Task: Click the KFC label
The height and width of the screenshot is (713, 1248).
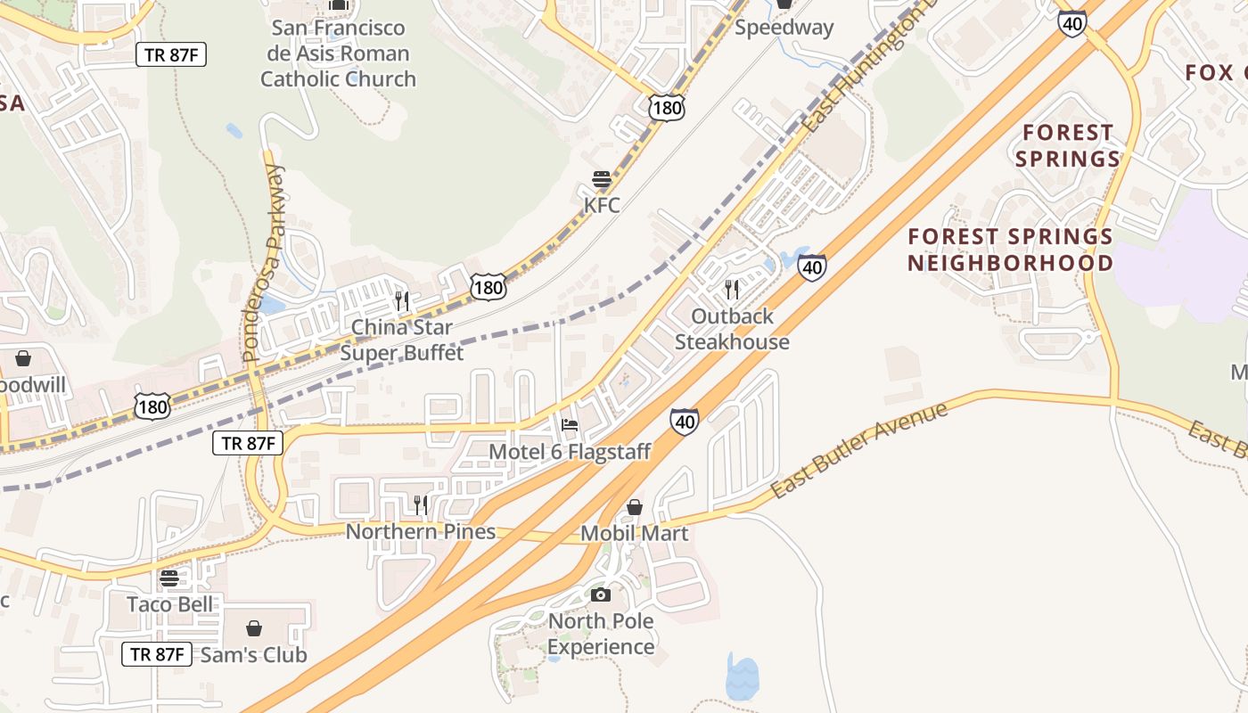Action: (602, 205)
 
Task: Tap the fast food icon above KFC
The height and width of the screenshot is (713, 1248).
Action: (602, 179)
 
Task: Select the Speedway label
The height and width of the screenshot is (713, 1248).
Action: (784, 28)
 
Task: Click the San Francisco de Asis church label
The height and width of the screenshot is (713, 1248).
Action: (338, 53)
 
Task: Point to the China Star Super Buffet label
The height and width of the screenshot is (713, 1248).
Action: (402, 340)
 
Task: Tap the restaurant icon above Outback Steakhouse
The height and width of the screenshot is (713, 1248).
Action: (732, 290)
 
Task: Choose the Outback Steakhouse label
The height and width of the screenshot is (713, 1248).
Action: (732, 329)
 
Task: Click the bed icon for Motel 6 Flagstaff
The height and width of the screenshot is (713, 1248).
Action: (570, 425)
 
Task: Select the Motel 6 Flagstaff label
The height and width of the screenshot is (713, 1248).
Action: (570, 452)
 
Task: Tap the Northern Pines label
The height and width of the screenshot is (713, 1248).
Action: (421, 532)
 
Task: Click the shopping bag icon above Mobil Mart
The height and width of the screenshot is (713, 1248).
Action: (635, 507)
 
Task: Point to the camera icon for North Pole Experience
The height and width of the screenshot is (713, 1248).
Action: (601, 594)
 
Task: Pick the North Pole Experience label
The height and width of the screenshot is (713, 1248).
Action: (601, 634)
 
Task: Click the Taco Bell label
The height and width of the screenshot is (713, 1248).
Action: (170, 604)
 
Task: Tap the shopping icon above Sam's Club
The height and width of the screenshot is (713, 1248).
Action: (254, 628)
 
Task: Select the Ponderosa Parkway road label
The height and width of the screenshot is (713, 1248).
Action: (263, 263)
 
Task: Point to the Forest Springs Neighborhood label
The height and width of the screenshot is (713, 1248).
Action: (1011, 250)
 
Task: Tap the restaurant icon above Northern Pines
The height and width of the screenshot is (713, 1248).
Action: (421, 505)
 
